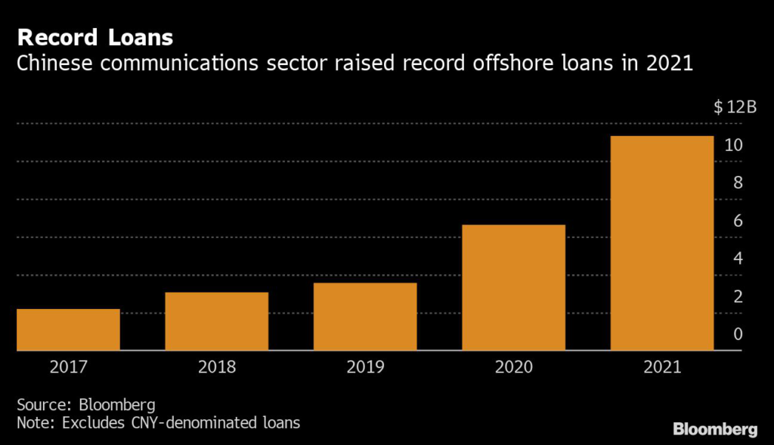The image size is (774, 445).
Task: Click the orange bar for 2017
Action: tap(68, 329)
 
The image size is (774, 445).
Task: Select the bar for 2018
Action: tap(216, 321)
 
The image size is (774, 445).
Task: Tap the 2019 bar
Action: tap(365, 317)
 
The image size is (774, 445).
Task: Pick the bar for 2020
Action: tap(513, 288)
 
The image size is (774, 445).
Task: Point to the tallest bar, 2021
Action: tap(662, 243)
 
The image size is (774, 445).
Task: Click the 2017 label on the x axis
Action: tap(68, 368)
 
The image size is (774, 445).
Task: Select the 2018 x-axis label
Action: tap(216, 368)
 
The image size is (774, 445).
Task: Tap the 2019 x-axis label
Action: tap(365, 368)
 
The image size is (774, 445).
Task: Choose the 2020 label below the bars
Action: tap(513, 368)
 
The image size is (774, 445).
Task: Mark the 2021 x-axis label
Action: tap(662, 368)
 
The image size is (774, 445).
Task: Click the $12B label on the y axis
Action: tap(735, 107)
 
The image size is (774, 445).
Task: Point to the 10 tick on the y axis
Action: tap(733, 145)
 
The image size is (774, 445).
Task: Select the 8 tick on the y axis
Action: tap(738, 183)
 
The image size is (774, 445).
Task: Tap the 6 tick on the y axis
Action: tap(738, 221)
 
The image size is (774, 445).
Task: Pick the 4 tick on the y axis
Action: tap(738, 258)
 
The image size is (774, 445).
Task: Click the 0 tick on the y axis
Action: tap(738, 334)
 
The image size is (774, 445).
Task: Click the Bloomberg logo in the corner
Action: tap(714, 429)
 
